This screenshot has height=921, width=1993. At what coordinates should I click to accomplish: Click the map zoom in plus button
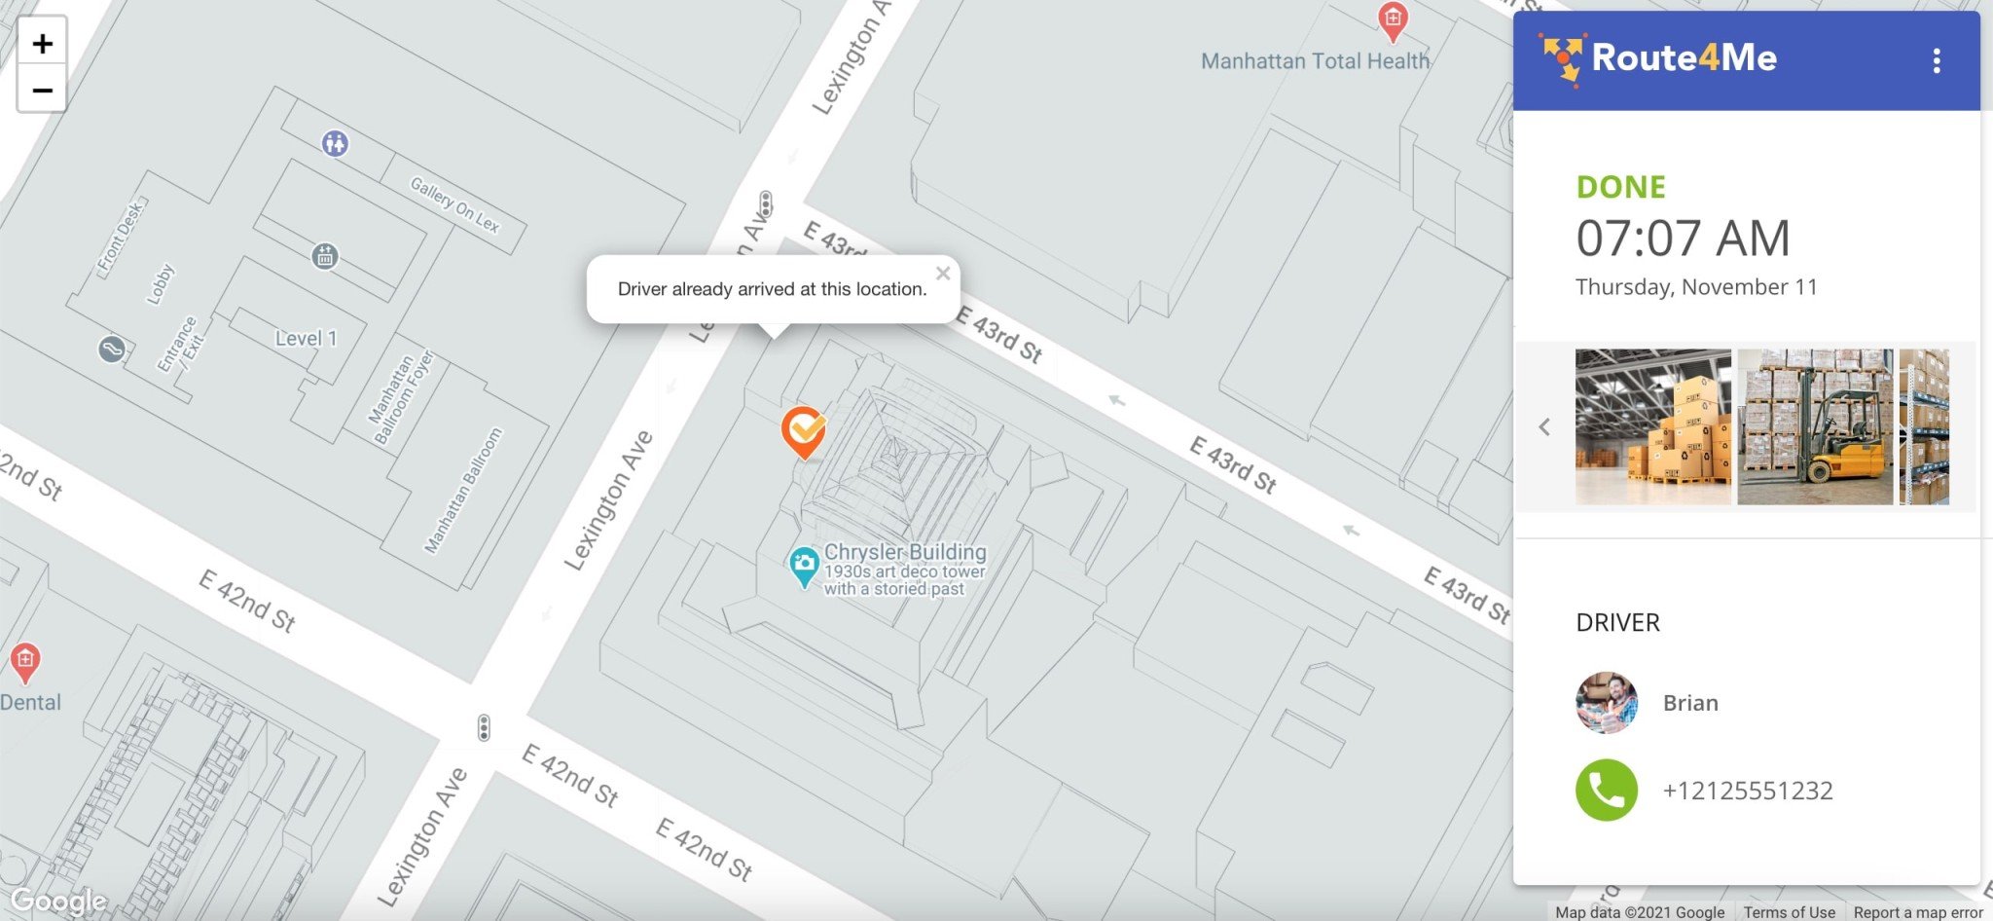point(42,43)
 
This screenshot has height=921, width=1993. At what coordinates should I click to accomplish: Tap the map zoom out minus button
point(42,91)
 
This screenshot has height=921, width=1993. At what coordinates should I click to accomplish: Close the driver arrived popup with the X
point(942,274)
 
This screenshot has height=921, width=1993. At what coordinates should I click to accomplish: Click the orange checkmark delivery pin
point(804,429)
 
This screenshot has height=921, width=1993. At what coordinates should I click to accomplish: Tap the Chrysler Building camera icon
point(803,564)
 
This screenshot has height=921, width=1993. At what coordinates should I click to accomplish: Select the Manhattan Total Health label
point(1315,61)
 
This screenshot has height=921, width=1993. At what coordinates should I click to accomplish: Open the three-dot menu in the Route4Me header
point(1936,61)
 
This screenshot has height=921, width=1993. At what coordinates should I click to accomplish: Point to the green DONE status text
point(1620,187)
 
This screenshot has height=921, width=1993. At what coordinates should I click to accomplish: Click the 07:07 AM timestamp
point(1683,238)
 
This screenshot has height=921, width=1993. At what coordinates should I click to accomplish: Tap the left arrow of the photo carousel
point(1544,427)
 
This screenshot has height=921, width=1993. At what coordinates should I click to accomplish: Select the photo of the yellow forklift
point(1815,427)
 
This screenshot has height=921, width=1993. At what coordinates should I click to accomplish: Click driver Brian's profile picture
point(1606,702)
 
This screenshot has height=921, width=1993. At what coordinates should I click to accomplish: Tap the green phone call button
point(1606,790)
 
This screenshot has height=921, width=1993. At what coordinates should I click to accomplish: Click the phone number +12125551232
point(1747,791)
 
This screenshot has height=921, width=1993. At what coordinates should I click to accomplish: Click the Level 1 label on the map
point(306,339)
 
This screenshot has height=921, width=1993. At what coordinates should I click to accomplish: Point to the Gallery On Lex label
point(454,204)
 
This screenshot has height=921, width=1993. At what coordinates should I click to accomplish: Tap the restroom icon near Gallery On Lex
point(335,144)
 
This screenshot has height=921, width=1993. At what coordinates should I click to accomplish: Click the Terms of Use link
point(1789,912)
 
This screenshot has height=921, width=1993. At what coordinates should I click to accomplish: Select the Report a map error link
point(1917,912)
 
